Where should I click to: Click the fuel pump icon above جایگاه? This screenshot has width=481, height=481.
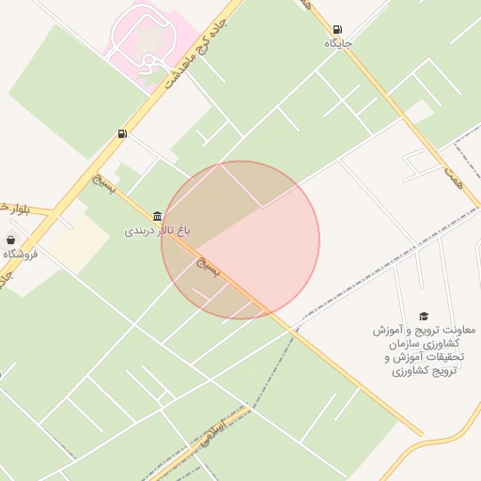337,30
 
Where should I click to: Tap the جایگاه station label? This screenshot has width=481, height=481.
338,43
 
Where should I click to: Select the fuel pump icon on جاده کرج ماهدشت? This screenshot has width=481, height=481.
122,134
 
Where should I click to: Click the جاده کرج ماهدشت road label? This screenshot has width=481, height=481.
195,47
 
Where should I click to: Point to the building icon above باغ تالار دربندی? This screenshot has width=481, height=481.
156,215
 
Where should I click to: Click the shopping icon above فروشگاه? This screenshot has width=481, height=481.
10,240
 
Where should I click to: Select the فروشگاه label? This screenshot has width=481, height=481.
20,254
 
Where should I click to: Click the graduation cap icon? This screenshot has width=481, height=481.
424,317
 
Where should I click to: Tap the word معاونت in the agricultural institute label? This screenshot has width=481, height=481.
457,331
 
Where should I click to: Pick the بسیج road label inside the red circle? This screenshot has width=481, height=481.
211,268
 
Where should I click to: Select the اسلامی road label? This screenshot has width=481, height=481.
215,431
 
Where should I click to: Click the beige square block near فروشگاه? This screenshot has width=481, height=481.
80,240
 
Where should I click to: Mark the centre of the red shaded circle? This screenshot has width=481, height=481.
240,240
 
